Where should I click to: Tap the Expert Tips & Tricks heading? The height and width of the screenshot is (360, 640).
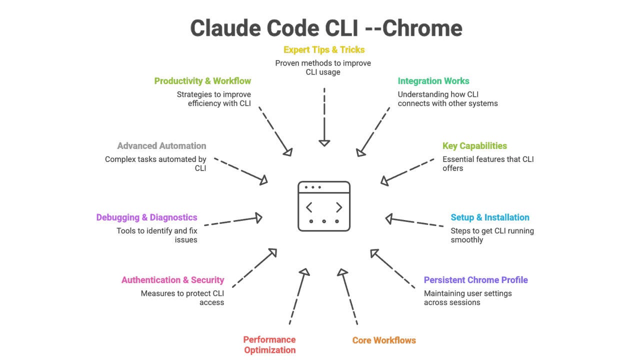tap(324, 50)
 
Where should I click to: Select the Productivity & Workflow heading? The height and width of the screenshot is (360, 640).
tap(202, 81)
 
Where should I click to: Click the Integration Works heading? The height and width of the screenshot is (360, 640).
tap(433, 81)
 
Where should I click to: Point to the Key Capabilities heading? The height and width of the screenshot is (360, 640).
tap(474, 146)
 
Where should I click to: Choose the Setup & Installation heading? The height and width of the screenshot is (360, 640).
tap(489, 217)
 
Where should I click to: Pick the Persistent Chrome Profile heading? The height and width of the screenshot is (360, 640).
tap(475, 280)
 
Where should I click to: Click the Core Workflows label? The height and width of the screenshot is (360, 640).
tap(384, 340)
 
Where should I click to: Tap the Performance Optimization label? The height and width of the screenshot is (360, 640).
tap(269, 345)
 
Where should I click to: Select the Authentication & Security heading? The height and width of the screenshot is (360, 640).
tap(172, 280)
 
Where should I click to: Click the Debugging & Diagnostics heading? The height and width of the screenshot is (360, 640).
tap(146, 217)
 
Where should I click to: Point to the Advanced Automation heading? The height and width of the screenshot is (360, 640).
tap(161, 146)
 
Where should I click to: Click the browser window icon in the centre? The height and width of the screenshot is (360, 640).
tap(324, 206)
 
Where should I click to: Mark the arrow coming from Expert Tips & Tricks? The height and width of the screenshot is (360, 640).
tap(324, 117)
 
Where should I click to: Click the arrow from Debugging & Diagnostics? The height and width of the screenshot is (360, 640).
tap(233, 220)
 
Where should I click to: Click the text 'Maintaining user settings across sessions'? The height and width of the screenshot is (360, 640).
tap(467, 298)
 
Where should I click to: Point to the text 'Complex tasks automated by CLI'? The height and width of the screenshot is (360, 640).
tap(155, 164)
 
